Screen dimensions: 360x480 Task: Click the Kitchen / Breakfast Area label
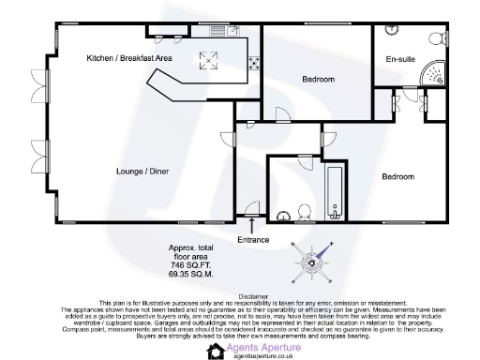click(129, 58)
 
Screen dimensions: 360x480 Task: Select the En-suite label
click(400, 60)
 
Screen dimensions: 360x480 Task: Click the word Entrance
click(253, 240)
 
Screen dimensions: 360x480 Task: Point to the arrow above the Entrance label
click(252, 225)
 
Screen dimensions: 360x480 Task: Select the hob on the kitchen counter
click(252, 65)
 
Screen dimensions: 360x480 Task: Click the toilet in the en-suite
click(435, 38)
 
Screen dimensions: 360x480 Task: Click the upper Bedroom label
click(318, 80)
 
